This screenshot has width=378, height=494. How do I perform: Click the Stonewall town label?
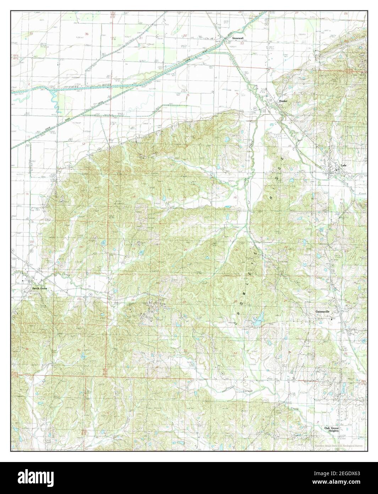coord(238,38)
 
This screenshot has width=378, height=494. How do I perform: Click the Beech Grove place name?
coord(40,289)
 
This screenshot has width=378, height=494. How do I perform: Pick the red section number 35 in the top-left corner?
coord(31,33)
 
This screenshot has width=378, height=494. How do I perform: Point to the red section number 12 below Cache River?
coord(84,143)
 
